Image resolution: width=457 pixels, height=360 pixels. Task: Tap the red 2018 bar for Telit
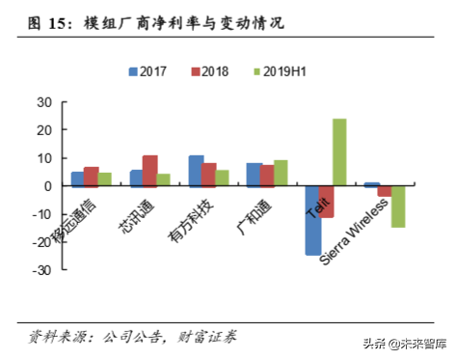pyautogui.click(x=326, y=201)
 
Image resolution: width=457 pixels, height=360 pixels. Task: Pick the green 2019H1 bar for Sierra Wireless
pyautogui.click(x=398, y=206)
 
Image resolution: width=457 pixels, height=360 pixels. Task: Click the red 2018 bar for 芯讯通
pyautogui.click(x=149, y=170)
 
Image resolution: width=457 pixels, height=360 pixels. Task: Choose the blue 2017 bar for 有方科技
pyautogui.click(x=196, y=170)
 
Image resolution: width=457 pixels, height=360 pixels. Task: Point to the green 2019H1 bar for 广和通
pyautogui.click(x=281, y=173)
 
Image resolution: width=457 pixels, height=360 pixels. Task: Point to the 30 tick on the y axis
pyautogui.click(x=44, y=101)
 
